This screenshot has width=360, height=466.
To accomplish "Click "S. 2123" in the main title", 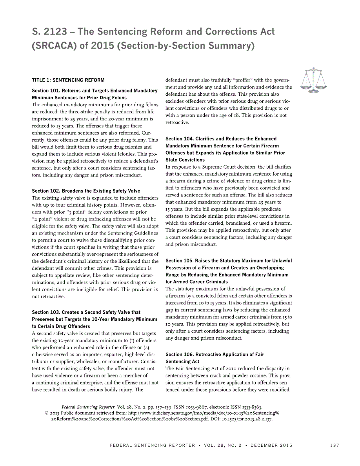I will coord(49,32).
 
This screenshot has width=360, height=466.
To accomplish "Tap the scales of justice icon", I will coord(313,80).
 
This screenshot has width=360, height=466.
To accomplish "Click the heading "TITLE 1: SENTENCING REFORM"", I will coord(68,80).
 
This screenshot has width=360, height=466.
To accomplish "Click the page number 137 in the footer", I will coord(335,445).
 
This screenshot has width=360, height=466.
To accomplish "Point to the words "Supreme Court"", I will coord(205,167).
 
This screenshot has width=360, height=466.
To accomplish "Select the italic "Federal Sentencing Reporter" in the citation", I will coord(88,407).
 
